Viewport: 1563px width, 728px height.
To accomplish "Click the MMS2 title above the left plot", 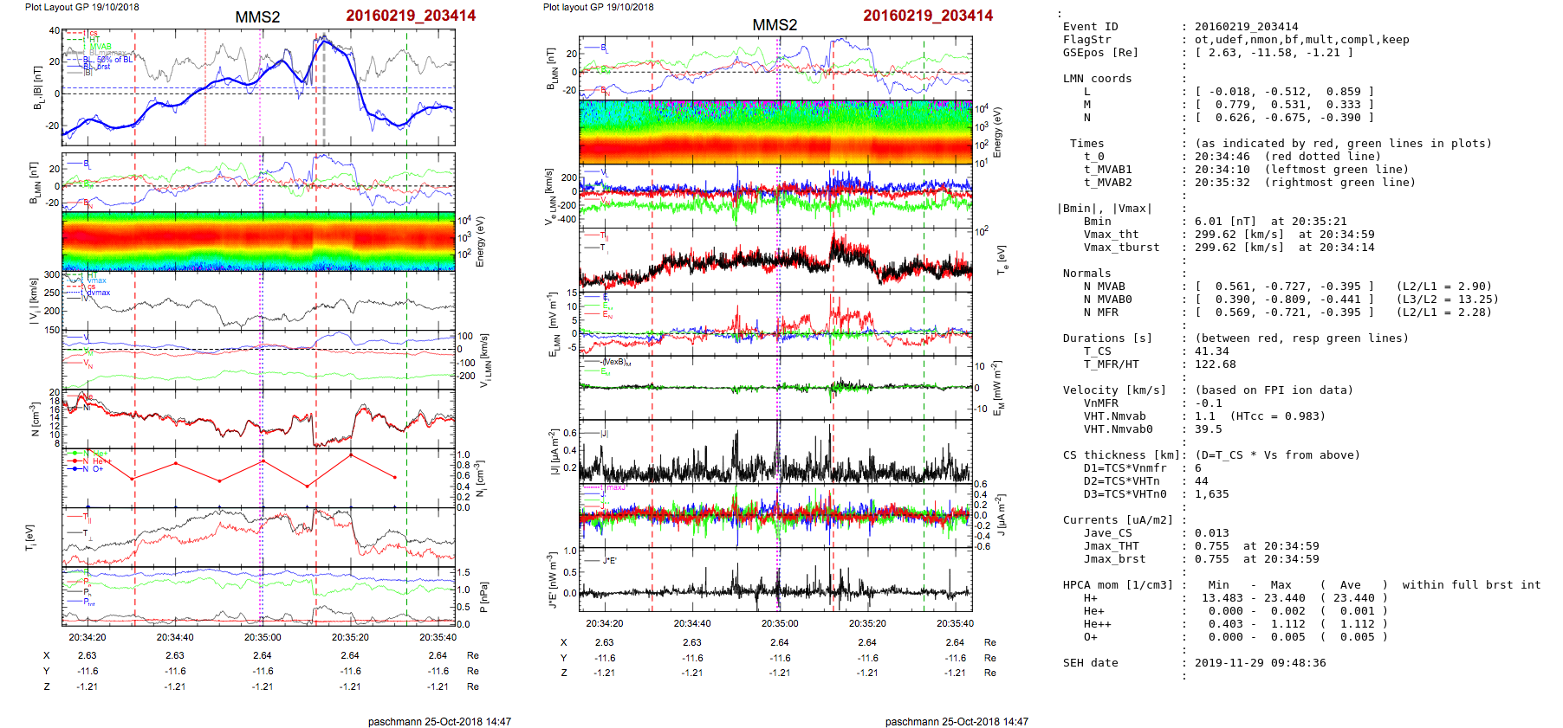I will point(257,17).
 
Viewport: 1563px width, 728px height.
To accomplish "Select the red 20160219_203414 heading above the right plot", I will point(927,16).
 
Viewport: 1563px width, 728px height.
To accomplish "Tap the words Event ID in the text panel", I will point(1090,27).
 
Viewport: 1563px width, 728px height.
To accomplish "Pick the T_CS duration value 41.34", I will point(1211,351).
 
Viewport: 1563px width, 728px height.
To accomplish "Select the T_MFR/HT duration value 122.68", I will point(1215,364).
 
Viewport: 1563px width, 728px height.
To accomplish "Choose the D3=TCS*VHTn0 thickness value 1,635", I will point(1211,494).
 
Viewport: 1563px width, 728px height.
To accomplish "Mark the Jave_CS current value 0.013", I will point(1211,533).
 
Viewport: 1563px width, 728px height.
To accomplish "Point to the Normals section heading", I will point(1086,274).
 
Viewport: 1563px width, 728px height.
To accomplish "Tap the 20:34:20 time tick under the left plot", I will point(88,637).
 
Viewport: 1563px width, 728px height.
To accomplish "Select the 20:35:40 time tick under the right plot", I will point(955,623).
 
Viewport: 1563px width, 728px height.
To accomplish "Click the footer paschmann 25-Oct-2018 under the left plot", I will point(439,721).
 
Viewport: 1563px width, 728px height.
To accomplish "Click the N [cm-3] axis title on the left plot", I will point(36,419).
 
